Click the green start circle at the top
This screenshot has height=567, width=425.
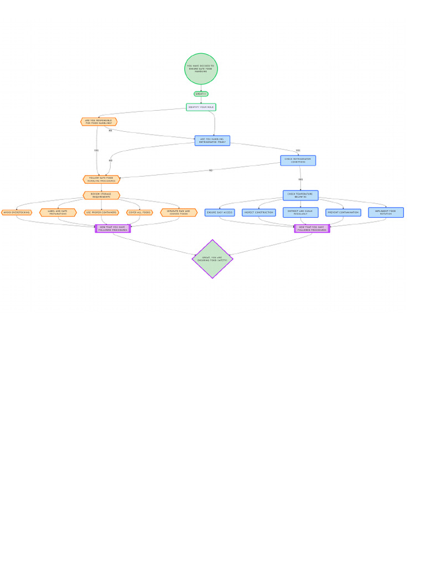tap(201, 69)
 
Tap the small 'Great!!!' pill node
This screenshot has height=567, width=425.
tap(201, 94)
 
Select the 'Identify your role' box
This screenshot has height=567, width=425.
tap(201, 107)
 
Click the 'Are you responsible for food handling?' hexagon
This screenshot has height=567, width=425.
tap(99, 122)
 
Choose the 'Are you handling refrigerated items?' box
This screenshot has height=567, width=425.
tap(212, 141)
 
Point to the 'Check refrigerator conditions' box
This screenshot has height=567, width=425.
tap(298, 161)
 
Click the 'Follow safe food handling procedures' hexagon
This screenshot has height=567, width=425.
tap(101, 179)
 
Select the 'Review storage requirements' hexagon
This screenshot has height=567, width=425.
tap(101, 195)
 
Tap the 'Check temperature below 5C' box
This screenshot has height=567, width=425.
tap(300, 195)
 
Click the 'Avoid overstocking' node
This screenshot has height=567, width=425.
tap(17, 213)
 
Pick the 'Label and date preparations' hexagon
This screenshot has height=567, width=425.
tap(58, 213)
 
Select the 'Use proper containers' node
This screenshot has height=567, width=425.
tap(101, 213)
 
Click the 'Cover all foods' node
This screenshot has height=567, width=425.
tap(139, 213)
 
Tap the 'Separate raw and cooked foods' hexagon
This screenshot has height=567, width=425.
tap(178, 213)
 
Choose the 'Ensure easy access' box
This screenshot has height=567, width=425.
tap(220, 213)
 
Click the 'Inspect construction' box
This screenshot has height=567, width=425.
tap(258, 213)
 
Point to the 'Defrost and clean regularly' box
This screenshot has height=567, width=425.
tap(300, 213)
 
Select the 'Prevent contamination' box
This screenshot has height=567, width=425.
tap(343, 213)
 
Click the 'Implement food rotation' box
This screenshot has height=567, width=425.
tap(386, 213)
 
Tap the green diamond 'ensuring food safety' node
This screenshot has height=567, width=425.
tap(212, 259)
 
